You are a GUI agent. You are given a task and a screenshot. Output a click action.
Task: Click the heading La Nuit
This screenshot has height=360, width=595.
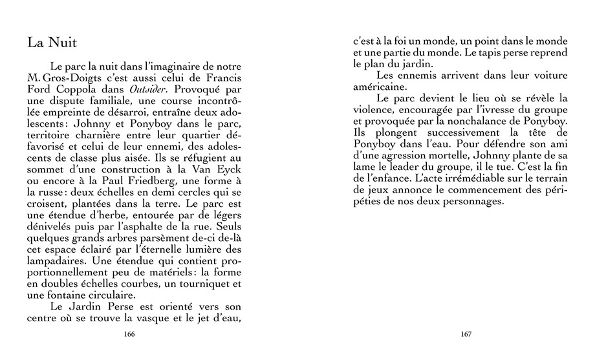(52, 43)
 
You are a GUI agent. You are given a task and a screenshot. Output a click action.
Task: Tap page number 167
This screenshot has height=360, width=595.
(466, 334)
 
